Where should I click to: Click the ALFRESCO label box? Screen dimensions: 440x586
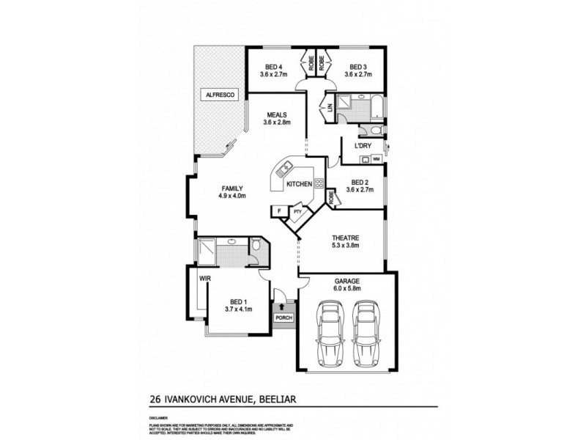(219, 95)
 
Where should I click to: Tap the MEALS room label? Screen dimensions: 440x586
(277, 114)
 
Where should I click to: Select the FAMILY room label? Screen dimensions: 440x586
(231, 188)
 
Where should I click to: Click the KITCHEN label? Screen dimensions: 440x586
(300, 183)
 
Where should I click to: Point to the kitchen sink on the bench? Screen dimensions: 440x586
(287, 169)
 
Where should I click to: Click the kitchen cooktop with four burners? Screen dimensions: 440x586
(319, 184)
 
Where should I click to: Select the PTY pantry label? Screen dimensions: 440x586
(297, 213)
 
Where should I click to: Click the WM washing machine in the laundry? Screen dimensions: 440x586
(376, 159)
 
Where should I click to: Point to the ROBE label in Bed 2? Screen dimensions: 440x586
(331, 197)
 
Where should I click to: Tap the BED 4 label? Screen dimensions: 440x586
(272, 67)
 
